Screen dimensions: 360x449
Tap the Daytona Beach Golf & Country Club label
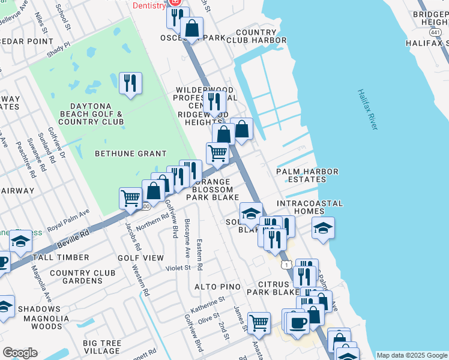point(92,118)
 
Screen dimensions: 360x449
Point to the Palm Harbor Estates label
point(307,175)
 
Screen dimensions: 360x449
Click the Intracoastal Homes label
point(310,208)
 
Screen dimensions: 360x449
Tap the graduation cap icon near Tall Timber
point(20,242)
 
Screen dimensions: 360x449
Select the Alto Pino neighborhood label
point(217,287)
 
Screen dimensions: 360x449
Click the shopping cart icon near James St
point(259,323)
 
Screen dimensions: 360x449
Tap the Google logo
point(20,353)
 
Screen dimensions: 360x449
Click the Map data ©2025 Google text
point(412,355)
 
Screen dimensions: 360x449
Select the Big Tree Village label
point(103,347)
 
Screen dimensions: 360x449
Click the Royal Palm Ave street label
point(68,220)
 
